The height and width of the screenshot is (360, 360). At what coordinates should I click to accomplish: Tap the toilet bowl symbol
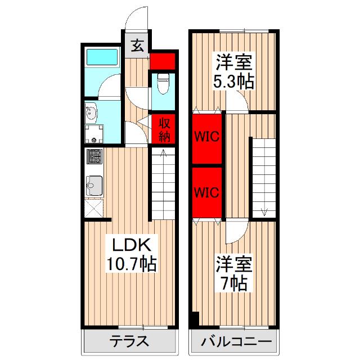(163, 85)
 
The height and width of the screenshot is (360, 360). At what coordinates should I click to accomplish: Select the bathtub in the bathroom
(102, 58)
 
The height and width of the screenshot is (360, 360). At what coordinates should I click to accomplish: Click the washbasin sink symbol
(92, 115)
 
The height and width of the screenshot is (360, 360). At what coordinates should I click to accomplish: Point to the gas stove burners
(93, 156)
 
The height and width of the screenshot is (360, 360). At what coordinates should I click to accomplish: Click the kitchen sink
(93, 185)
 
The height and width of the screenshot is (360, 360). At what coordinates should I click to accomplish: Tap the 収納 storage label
(164, 129)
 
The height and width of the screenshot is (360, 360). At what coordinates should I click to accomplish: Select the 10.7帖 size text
(132, 263)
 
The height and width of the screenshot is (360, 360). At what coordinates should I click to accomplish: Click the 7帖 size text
(233, 283)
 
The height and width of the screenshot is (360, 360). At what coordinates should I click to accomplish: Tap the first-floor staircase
(164, 182)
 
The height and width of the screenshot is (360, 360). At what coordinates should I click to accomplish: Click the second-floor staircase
(263, 177)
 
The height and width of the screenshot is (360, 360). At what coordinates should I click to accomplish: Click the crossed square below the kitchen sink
(94, 209)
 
